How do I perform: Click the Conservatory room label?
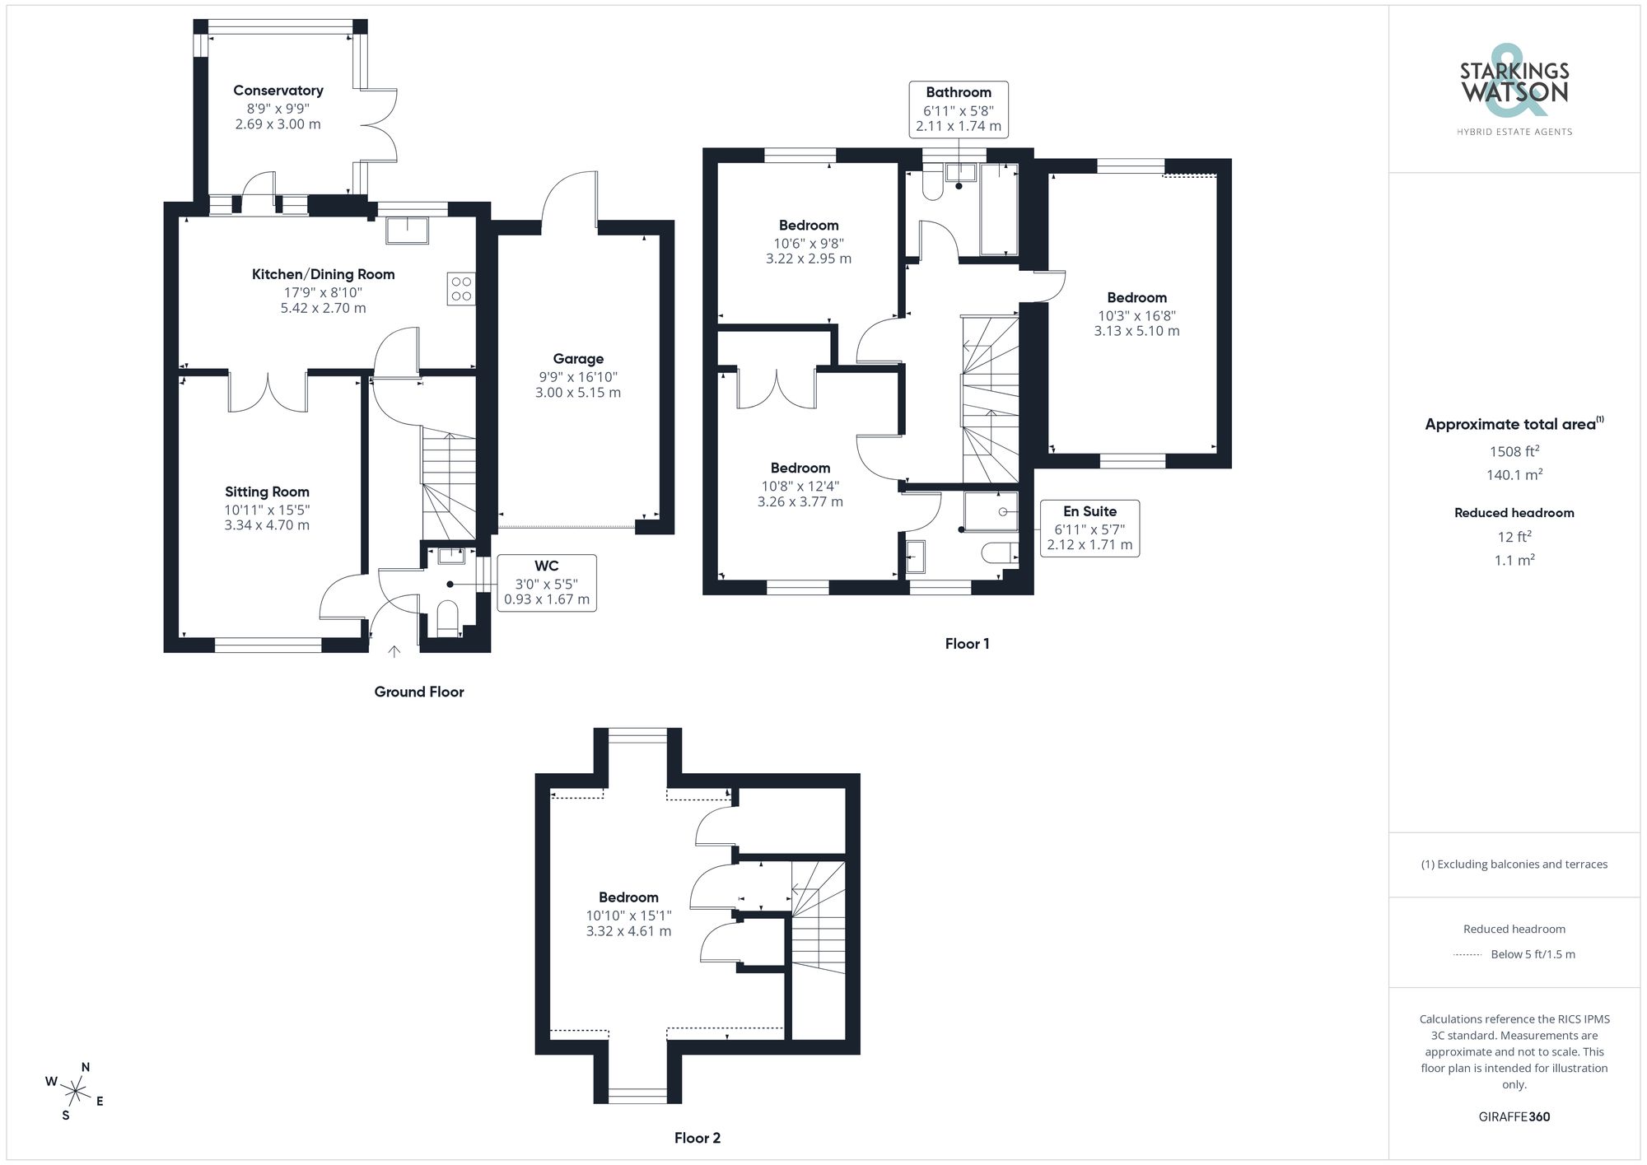(278, 91)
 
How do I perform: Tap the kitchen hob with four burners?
(461, 289)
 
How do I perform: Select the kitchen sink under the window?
(407, 230)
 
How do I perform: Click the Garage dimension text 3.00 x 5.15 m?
(578, 393)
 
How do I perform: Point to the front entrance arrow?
(394, 652)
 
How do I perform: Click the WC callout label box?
(547, 583)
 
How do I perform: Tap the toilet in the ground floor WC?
(447, 617)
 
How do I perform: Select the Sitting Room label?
(267, 492)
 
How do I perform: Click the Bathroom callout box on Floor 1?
(959, 109)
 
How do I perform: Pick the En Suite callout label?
(1089, 528)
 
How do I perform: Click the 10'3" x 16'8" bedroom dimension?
(1136, 315)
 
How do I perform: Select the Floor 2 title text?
(697, 1138)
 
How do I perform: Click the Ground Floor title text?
(418, 692)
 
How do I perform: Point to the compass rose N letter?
(86, 1067)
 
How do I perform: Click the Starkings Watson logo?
(1514, 86)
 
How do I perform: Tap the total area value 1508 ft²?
(1514, 451)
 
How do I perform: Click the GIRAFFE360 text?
(1514, 1116)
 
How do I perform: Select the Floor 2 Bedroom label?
(628, 897)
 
